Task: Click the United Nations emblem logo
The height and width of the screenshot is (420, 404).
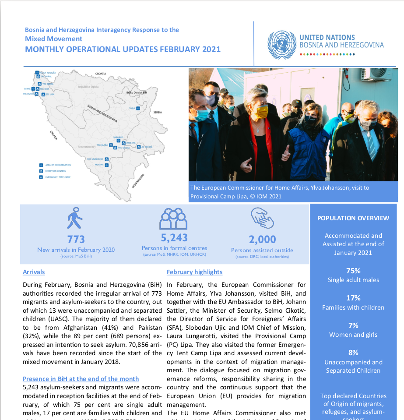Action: (x=281, y=44)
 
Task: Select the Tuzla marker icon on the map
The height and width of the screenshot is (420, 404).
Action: (x=138, y=108)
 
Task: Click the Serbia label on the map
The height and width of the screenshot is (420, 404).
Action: (x=158, y=113)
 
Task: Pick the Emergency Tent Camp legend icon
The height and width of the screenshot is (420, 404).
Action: (x=41, y=177)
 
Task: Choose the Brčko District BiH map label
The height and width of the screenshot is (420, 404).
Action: (x=136, y=93)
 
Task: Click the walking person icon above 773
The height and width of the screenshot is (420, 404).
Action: (x=75, y=218)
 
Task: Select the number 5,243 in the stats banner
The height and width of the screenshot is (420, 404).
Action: (x=174, y=237)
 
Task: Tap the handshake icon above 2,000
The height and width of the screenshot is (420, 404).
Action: (x=262, y=218)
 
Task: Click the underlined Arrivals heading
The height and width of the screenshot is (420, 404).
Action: (x=34, y=272)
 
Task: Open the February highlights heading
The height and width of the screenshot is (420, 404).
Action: (x=194, y=272)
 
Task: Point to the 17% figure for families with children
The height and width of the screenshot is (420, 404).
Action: (x=353, y=298)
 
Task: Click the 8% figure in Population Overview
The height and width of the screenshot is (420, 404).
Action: (x=353, y=353)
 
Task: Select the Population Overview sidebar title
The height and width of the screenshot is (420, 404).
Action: (x=353, y=218)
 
